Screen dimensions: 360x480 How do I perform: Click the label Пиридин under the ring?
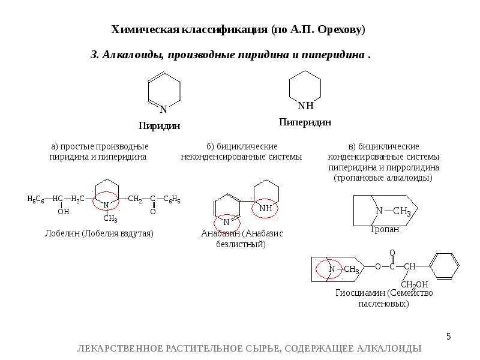159,126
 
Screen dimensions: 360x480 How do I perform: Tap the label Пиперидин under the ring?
305,122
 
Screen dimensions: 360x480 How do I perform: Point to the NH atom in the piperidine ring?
305,106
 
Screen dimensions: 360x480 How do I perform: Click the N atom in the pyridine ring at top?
163,109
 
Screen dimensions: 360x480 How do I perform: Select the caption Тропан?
385,229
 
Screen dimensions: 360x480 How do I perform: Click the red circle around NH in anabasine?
265,208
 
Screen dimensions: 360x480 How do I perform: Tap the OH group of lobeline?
63,212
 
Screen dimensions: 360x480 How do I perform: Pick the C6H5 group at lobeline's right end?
173,199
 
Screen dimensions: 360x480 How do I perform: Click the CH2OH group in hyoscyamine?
415,284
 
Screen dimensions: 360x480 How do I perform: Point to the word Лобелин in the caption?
62,233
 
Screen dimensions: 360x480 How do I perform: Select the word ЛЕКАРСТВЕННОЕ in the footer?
120,349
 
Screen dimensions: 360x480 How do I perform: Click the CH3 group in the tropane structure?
401,211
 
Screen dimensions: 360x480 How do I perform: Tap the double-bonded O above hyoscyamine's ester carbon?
392,253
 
